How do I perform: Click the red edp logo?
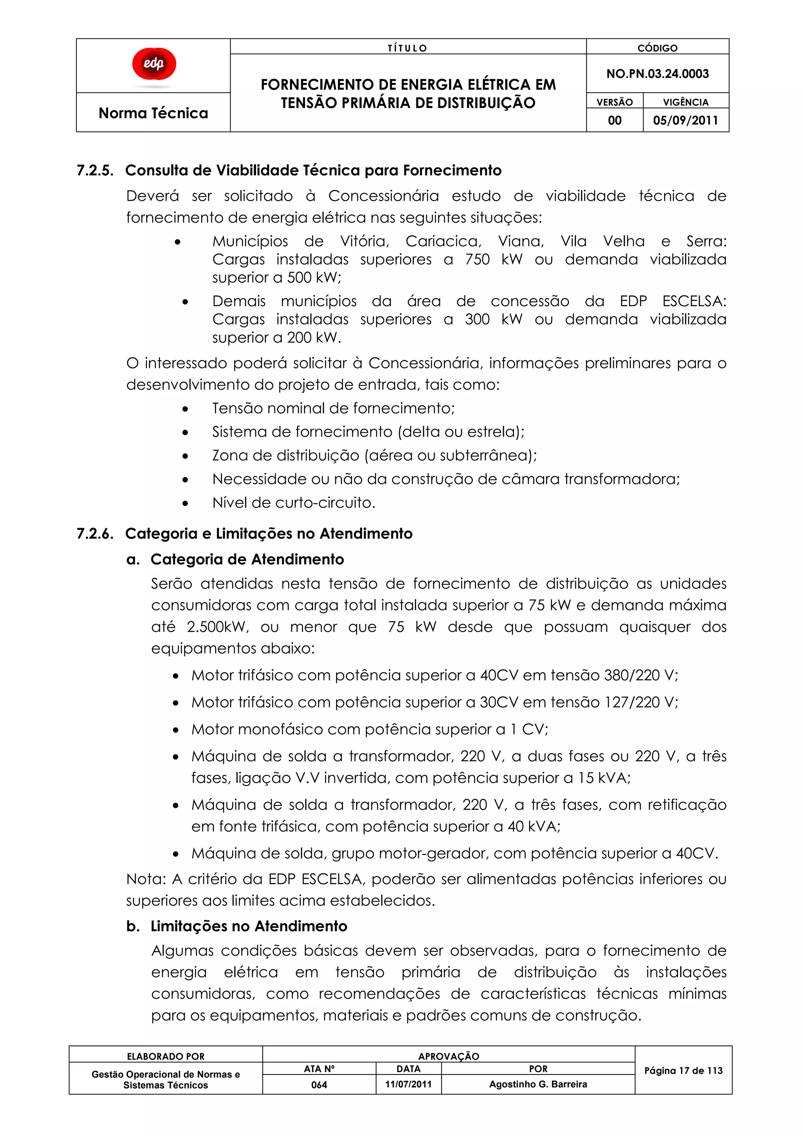[x=154, y=64]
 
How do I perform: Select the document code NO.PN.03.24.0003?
[x=657, y=74]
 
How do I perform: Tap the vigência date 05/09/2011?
[x=685, y=120]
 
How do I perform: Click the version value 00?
[x=614, y=120]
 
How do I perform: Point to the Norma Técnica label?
[x=153, y=113]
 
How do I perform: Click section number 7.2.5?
[x=95, y=170]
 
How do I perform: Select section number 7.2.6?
[x=95, y=534]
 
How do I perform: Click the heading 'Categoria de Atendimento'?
[x=247, y=559]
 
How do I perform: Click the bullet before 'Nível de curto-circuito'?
[x=185, y=504]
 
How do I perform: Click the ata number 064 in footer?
[x=319, y=1085]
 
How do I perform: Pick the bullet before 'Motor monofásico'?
[x=176, y=730]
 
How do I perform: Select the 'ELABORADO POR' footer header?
[x=166, y=1056]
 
